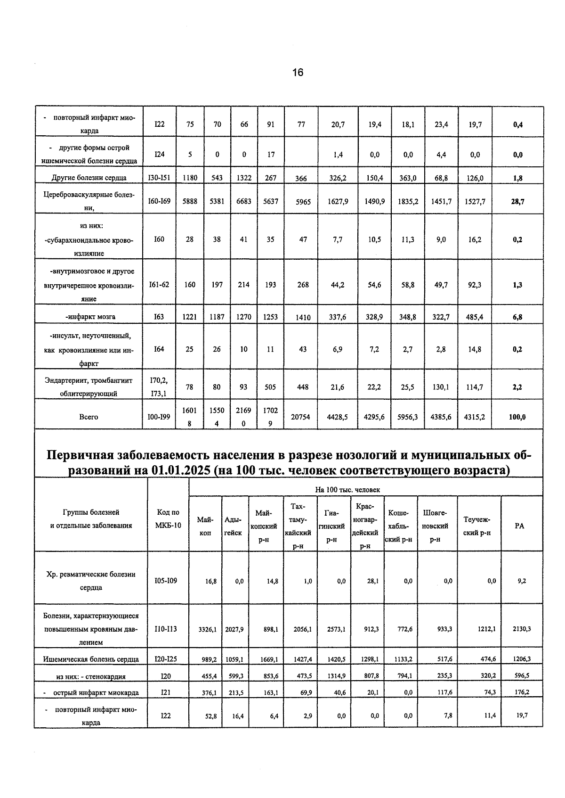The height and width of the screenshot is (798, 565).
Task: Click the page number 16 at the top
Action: (298, 73)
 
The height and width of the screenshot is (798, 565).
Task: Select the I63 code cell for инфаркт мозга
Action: (159, 317)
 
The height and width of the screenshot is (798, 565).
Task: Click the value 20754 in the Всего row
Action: (300, 417)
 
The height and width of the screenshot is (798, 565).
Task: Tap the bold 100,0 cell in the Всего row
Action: (517, 417)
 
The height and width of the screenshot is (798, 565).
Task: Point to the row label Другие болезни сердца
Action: (89, 178)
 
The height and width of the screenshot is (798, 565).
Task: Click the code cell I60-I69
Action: (159, 201)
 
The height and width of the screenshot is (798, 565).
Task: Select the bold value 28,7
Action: (517, 201)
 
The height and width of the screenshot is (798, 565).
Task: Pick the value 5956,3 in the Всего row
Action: (407, 417)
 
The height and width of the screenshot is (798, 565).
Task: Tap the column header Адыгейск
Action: (233, 526)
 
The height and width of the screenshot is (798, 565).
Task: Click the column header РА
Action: (519, 526)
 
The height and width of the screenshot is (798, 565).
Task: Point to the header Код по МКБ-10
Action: (168, 519)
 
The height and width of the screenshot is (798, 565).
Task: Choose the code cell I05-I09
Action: (166, 581)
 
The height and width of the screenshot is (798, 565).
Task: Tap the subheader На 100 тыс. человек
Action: (347, 490)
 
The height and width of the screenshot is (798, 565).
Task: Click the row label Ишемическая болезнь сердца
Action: (91, 659)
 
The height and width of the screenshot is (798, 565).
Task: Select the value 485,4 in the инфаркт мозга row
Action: (474, 317)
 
